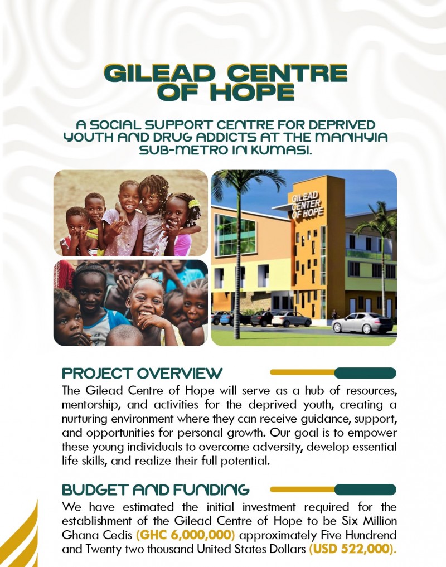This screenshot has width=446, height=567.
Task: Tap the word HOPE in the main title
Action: coord(253,92)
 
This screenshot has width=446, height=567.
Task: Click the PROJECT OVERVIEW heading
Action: coord(142,373)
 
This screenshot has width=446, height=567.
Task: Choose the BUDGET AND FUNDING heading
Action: coord(156,490)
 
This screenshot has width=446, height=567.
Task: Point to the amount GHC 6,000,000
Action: coord(186,535)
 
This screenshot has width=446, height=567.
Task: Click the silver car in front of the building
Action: coord(362,323)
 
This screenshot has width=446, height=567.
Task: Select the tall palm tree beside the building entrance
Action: coord(239,253)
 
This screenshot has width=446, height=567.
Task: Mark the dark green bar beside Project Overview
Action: coord(365,373)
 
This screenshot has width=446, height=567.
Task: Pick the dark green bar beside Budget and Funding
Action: coord(365,490)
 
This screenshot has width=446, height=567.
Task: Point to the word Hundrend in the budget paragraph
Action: coord(371,535)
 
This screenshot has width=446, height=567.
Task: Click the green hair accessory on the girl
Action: coord(194,203)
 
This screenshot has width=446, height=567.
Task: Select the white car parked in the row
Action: coord(291,319)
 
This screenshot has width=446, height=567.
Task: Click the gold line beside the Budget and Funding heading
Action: coord(302,490)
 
